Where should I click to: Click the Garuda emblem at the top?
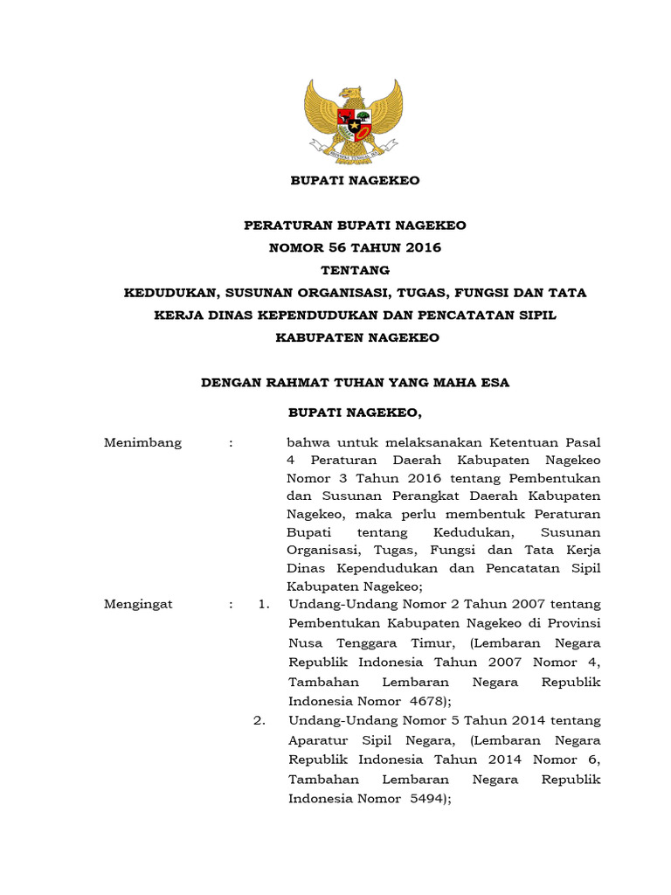click(x=353, y=119)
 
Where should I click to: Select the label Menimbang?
click(x=142, y=442)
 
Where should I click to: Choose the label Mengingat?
click(x=138, y=604)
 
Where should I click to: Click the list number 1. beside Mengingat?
click(x=260, y=604)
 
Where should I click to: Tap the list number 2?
click(x=260, y=721)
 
